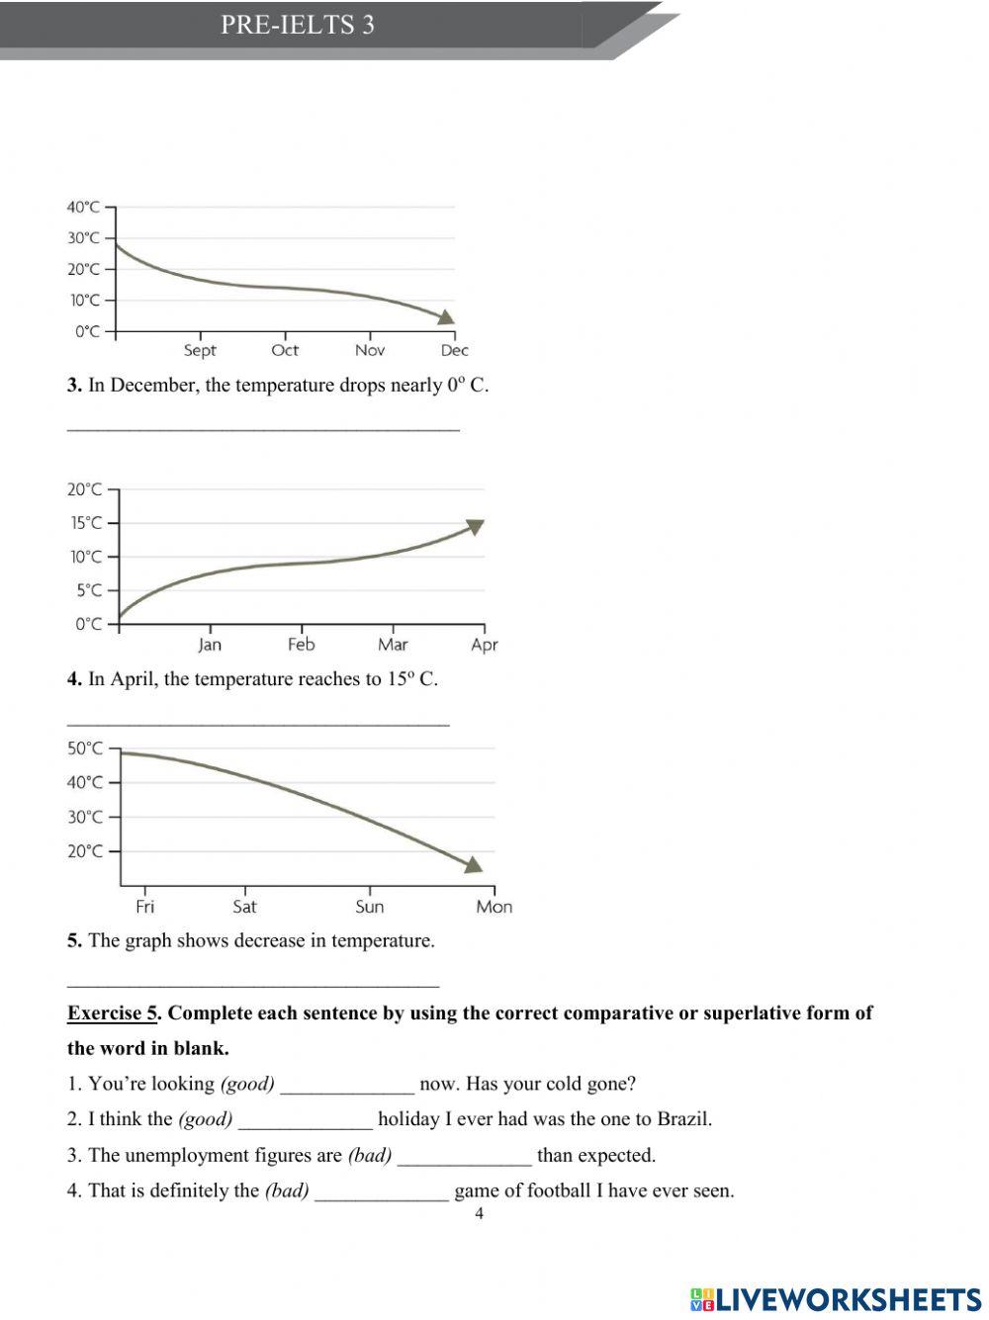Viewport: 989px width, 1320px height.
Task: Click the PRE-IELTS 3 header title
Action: point(298,25)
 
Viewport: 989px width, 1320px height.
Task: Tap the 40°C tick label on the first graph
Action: point(83,207)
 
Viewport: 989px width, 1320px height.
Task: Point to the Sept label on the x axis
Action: point(200,350)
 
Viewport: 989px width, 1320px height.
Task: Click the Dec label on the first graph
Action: point(454,350)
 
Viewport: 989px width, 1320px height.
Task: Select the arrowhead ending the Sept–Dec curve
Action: point(447,316)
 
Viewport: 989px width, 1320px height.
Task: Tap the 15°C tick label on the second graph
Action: point(85,523)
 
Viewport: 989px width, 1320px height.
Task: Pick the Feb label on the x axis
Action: point(301,645)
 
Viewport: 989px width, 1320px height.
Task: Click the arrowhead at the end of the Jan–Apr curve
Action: point(476,526)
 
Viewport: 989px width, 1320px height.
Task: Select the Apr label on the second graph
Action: point(485,645)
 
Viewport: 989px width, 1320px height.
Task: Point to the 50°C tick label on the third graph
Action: point(85,748)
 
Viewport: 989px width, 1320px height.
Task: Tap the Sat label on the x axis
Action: point(244,907)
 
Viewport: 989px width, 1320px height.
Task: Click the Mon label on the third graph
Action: point(494,907)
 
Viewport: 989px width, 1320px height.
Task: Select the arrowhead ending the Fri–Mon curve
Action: point(474,864)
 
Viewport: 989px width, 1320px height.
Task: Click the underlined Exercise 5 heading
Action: point(112,1013)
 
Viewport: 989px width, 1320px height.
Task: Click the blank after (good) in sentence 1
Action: point(347,1085)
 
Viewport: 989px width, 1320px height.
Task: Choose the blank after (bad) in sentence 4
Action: point(381,1191)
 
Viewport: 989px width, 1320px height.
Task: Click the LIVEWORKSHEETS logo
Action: point(837,1299)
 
